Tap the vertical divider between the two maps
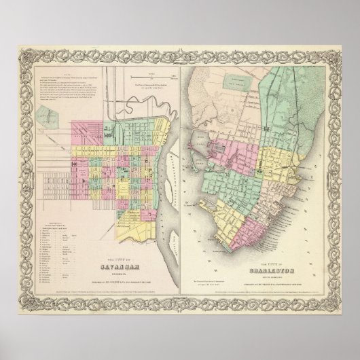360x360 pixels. coord(181,170)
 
